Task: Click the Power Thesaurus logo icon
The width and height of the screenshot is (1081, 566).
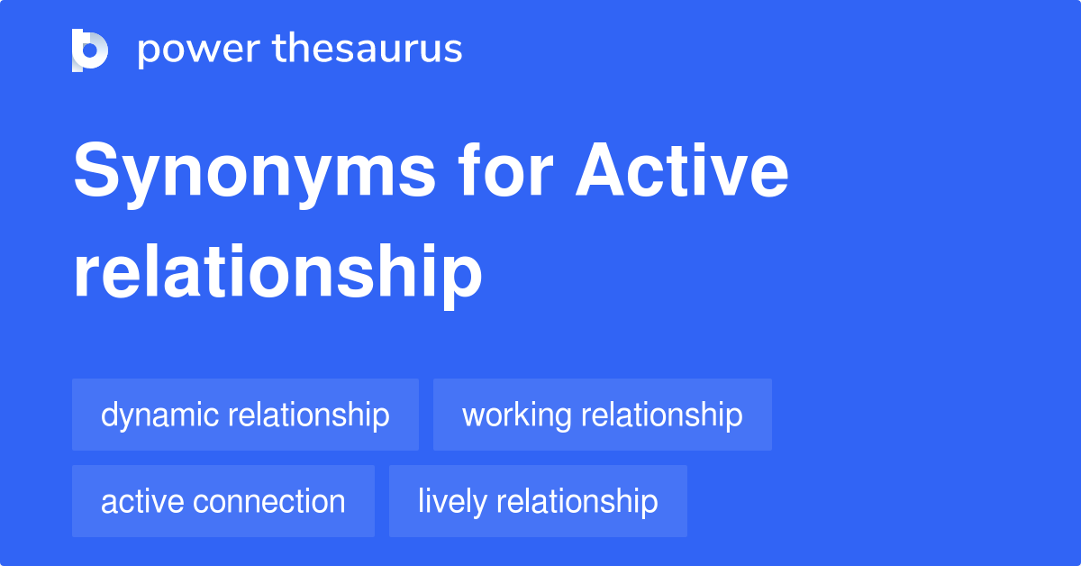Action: [x=90, y=50]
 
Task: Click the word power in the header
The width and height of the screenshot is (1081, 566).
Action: [x=196, y=50]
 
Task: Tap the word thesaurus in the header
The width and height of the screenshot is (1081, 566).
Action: [x=368, y=50]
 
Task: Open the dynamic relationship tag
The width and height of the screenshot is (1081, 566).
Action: [x=245, y=415]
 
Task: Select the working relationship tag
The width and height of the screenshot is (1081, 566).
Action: [x=602, y=415]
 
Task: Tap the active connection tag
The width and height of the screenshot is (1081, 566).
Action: [x=223, y=501]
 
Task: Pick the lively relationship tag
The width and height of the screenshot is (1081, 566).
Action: [x=538, y=501]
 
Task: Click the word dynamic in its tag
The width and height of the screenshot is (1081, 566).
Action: [x=159, y=415]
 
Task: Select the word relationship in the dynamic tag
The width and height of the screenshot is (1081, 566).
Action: [x=308, y=415]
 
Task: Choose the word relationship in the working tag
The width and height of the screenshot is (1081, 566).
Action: [x=661, y=415]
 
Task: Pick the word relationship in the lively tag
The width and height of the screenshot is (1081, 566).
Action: [x=577, y=501]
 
